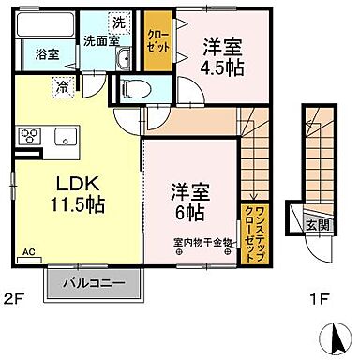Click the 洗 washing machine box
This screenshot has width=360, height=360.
(119, 21)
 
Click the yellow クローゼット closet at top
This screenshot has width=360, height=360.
(156, 40)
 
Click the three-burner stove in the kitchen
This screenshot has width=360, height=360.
(27, 137)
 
